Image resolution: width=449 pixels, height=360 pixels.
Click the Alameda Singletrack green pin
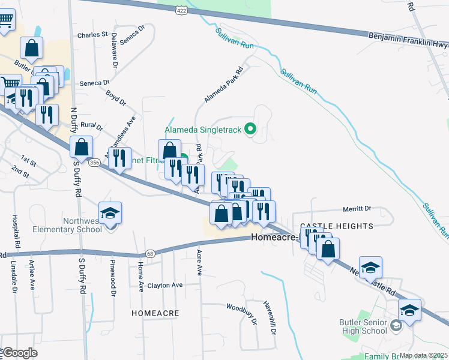click(252, 127)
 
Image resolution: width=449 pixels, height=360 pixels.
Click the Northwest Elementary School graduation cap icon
click(110, 214)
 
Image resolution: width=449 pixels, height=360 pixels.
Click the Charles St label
click(92, 35)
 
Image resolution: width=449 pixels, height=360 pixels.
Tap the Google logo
click(20, 352)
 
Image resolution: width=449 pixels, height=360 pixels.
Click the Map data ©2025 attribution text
click(423, 355)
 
